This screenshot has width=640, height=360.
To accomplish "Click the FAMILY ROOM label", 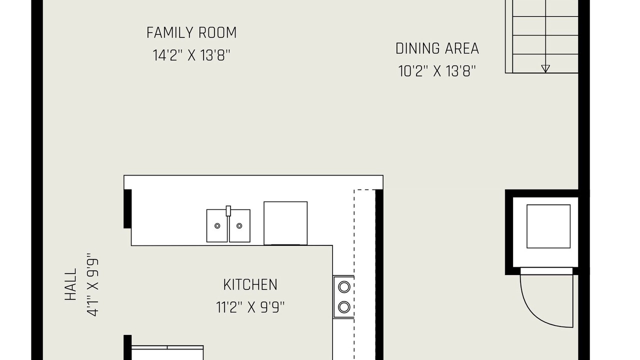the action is click(191, 32).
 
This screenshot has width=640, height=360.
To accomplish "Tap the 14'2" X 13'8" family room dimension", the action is click(191, 55).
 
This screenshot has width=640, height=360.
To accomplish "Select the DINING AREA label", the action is click(437, 48).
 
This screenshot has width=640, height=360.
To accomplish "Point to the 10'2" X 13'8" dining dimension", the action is click(437, 71).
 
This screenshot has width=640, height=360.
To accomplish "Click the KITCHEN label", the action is click(250, 284).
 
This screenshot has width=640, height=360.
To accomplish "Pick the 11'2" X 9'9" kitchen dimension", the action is click(250, 307).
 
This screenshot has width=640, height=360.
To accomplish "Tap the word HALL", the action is click(71, 284).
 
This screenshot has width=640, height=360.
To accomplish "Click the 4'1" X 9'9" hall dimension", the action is click(92, 284).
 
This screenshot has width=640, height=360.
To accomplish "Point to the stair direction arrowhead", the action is click(545, 68).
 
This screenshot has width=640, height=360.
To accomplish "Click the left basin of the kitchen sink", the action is click(217, 225).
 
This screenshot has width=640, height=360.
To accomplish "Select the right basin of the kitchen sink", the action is click(239, 225).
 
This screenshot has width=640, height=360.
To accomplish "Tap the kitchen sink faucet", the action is click(228, 211).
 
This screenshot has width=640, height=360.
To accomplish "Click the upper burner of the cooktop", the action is click(344, 287).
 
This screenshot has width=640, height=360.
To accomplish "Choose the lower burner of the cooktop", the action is click(344, 307).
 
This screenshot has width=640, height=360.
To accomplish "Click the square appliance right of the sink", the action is click(285, 223).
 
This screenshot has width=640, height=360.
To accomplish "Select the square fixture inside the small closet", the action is click(548, 226).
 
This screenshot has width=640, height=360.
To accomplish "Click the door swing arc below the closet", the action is click(537, 317).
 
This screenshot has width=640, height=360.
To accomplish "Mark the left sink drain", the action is click(217, 225).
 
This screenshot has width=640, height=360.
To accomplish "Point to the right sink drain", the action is click(239, 225).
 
